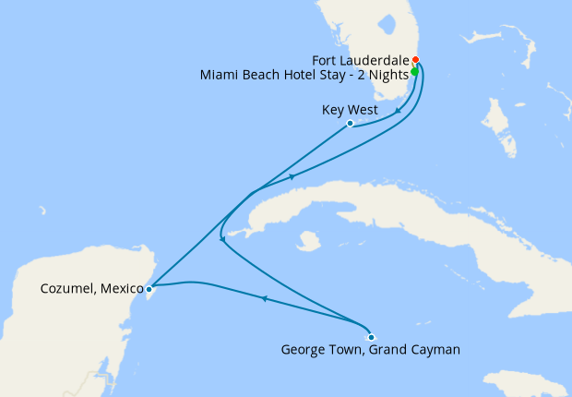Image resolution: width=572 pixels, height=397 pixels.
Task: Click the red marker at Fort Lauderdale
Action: (416, 60)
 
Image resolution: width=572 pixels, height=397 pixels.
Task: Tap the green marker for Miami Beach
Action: (414, 71)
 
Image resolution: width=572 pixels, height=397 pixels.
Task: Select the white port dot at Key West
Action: (350, 124)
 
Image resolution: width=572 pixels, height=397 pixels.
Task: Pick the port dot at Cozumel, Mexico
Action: (149, 289)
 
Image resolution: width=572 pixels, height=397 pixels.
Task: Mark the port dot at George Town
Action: (371, 336)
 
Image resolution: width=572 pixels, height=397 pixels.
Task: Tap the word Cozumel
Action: (67, 289)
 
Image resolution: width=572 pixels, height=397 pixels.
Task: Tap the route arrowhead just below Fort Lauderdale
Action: (398, 113)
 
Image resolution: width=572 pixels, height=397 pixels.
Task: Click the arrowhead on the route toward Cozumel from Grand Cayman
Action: (264, 298)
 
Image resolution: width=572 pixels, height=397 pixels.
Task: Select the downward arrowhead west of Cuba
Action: (221, 241)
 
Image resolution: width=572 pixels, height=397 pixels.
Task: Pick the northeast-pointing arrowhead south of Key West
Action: (292, 176)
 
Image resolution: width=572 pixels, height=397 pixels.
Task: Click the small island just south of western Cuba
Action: (309, 242)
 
